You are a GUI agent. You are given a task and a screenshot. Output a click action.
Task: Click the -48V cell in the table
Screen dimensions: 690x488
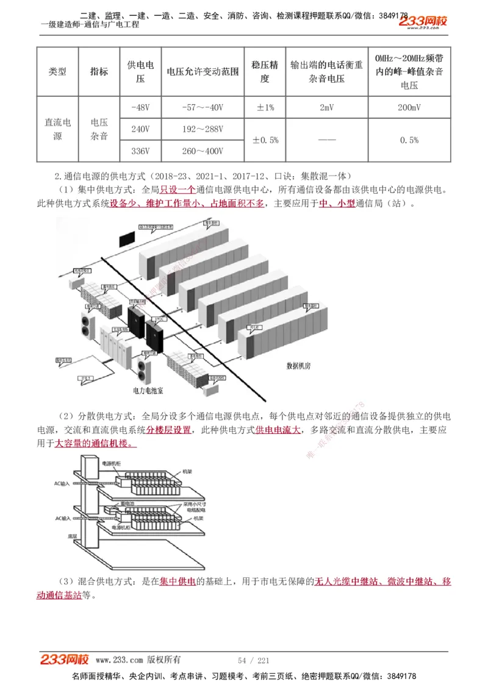pyautogui.click(x=140, y=108)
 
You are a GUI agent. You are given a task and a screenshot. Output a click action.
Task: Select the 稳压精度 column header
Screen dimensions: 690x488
pyautogui.click(x=265, y=71)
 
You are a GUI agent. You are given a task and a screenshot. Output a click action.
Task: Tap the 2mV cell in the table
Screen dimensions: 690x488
pyautogui.click(x=326, y=108)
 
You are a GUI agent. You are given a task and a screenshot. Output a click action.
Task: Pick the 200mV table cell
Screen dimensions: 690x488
pyautogui.click(x=409, y=108)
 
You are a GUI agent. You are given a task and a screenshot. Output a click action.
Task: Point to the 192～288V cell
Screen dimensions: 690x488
pyautogui.click(x=203, y=129)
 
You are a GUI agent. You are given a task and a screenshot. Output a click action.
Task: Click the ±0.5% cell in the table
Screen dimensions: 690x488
pyautogui.click(x=265, y=140)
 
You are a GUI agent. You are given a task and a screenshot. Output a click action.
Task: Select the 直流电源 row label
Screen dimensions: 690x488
pyautogui.click(x=57, y=129)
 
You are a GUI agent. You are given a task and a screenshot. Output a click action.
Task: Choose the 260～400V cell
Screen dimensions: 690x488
pyautogui.click(x=203, y=151)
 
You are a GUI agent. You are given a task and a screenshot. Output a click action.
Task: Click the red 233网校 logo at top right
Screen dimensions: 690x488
pyautogui.click(x=423, y=22)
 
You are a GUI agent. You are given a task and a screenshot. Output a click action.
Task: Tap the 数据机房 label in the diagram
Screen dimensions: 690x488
pyautogui.click(x=299, y=366)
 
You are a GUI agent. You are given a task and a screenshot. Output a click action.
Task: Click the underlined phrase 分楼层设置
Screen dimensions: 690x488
pyautogui.click(x=168, y=430)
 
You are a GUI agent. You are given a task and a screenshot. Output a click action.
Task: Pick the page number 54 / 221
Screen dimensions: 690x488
pyautogui.click(x=253, y=660)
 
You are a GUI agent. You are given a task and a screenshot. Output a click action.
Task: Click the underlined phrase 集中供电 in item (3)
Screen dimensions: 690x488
pyautogui.click(x=178, y=582)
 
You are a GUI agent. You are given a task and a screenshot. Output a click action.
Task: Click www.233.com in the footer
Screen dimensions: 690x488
pyautogui.click(x=120, y=660)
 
